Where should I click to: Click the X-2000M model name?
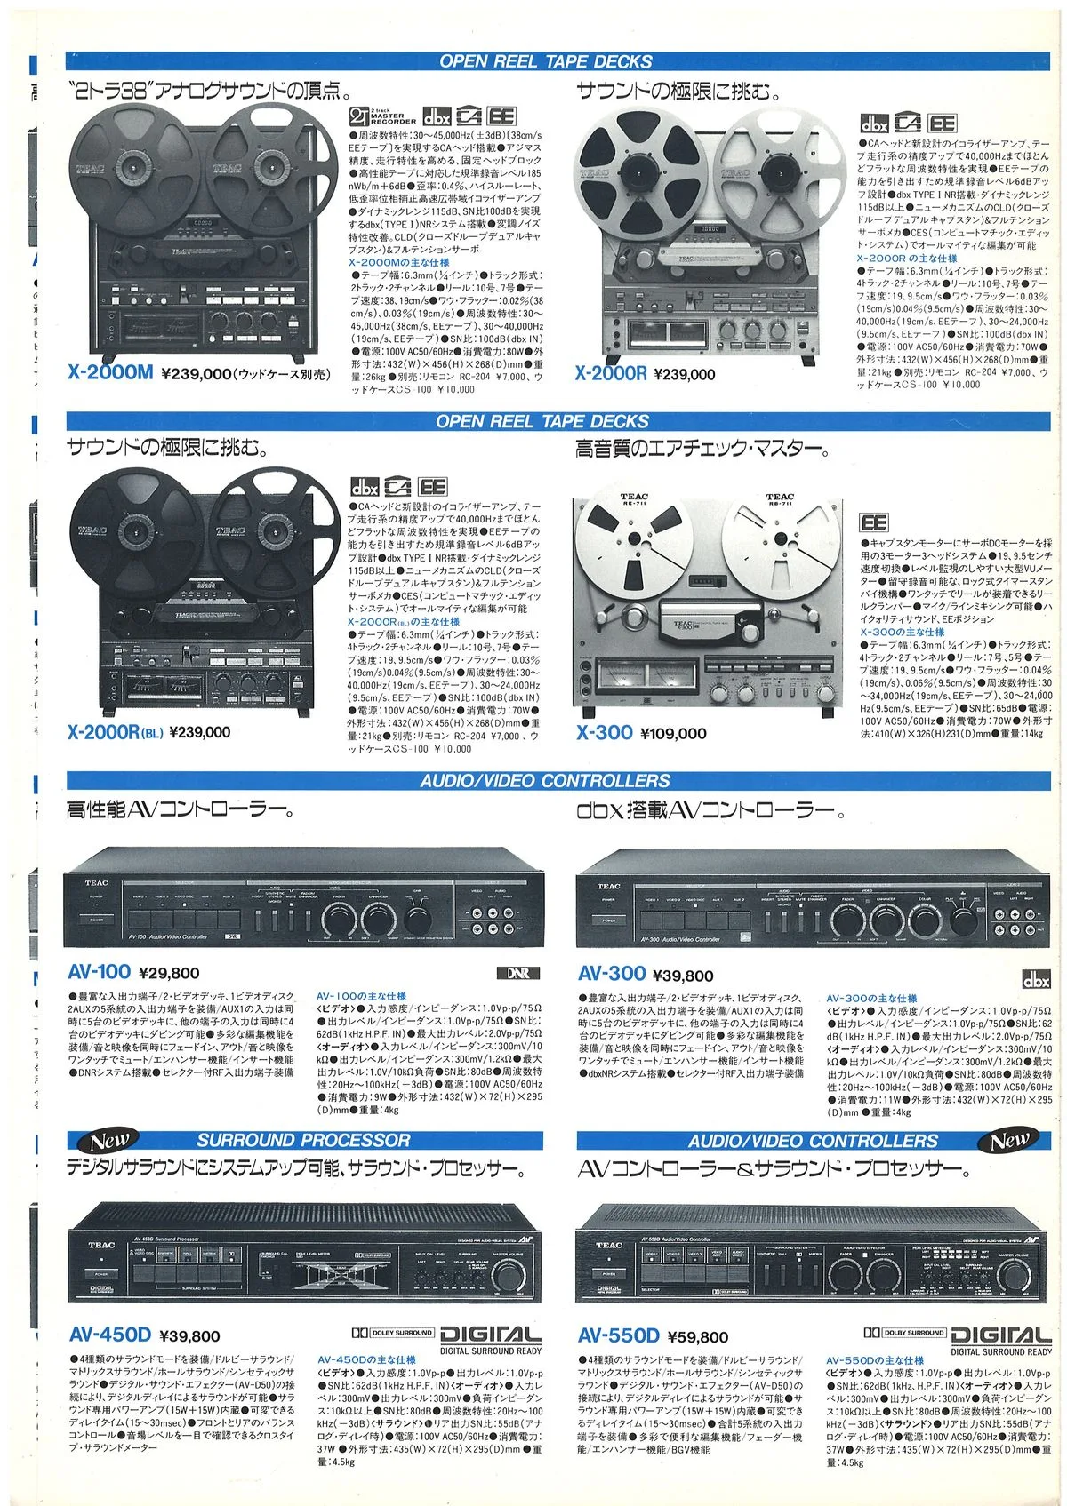(110, 373)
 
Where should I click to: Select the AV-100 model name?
(99, 972)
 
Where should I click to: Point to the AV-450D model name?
(109, 1335)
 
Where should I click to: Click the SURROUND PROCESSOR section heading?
(303, 1140)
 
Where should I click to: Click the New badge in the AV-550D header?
(1009, 1140)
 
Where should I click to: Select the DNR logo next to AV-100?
(518, 973)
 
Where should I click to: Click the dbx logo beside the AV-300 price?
(1036, 980)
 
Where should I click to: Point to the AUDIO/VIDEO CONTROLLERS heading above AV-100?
(545, 781)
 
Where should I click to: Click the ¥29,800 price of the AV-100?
(169, 974)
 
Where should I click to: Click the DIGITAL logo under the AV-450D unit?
(490, 1335)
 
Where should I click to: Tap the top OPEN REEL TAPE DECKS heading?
(545, 61)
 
